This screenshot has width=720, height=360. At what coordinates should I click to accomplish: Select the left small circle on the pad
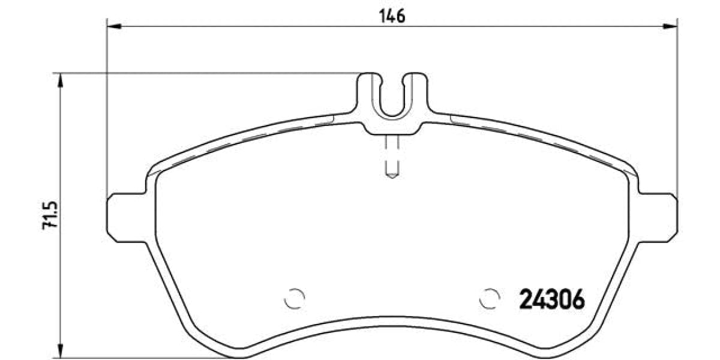295,298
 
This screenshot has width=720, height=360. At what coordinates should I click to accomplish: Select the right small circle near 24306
490,298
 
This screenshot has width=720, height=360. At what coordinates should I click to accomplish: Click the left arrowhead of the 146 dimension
114,26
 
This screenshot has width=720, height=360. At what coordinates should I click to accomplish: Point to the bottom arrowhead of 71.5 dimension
60,350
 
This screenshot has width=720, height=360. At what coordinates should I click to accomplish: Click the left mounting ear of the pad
125,217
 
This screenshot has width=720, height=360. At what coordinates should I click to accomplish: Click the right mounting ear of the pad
659,217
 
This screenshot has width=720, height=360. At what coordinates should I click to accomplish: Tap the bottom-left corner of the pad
198,345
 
